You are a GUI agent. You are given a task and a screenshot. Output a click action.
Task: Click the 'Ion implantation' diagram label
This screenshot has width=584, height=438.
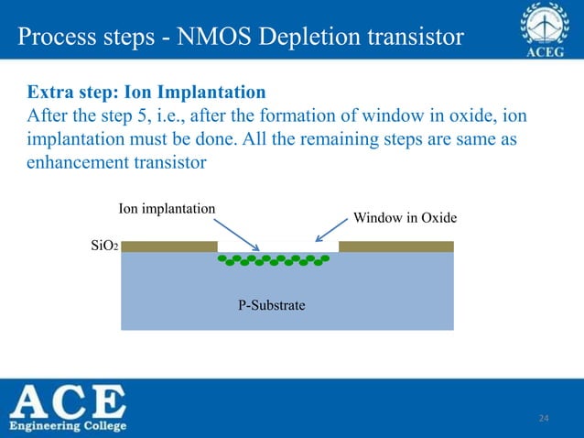coord(168,208)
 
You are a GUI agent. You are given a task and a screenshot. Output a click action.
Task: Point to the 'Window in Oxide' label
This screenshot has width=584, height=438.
coord(405,217)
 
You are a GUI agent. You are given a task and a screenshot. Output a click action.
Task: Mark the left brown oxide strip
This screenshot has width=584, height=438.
coord(169,246)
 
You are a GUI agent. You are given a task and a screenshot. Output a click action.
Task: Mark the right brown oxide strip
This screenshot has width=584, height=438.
coord(396,246)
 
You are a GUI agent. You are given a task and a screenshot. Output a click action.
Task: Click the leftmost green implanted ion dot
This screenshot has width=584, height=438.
coord(222,259)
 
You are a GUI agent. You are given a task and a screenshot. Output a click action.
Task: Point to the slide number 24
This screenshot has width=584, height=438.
coord(544,419)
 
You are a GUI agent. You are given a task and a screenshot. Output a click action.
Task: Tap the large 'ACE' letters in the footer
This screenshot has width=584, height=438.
coord(70,401)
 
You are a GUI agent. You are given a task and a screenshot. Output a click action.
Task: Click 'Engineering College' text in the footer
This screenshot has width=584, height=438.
coord(70,426)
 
